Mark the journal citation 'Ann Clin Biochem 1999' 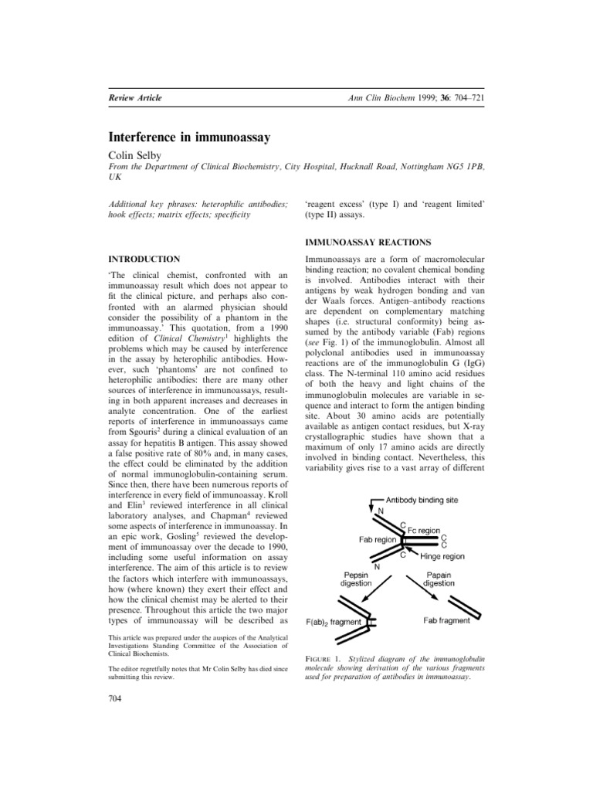[392, 97]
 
